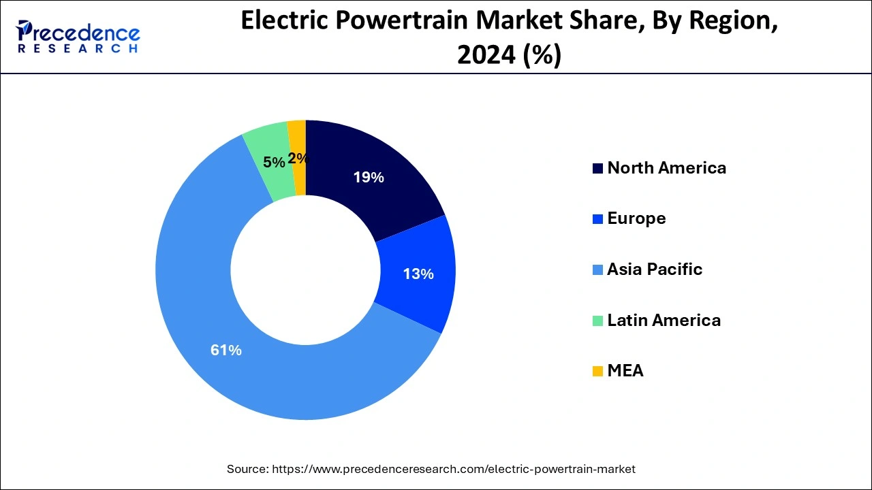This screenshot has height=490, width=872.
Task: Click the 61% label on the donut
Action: point(225,350)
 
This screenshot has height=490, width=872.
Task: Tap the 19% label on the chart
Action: point(369,178)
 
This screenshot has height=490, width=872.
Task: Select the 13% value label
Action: point(418,274)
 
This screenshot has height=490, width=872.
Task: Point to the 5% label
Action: point(274,162)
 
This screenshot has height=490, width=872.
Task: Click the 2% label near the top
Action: point(298,159)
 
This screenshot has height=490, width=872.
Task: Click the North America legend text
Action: point(666,168)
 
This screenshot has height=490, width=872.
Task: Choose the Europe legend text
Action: point(636,218)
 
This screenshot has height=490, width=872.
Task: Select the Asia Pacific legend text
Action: point(654,269)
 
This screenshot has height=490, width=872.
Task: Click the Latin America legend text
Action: point(664,320)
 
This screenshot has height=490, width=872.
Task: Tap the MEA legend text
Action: point(625,371)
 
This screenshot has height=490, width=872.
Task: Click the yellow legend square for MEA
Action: point(597,372)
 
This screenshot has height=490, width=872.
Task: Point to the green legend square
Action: point(597,321)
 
